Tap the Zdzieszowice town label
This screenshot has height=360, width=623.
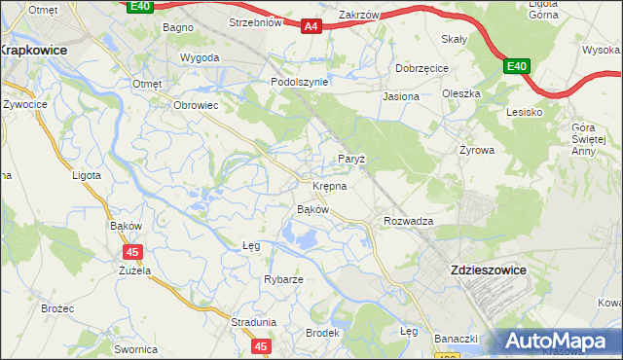[x=487, y=270]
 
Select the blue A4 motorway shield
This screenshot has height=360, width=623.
[x=311, y=26]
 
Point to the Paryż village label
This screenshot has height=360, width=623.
[x=350, y=159]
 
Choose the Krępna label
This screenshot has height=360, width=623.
[x=329, y=185]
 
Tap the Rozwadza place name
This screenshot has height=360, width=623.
[x=408, y=221]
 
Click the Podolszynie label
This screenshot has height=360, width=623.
[x=299, y=83]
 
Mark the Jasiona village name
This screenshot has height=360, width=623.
[x=401, y=97]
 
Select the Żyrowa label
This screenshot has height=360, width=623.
[x=477, y=151]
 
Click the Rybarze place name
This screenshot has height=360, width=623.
[x=283, y=279]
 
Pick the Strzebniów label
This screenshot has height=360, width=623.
[x=254, y=21]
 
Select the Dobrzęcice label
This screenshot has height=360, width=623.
[x=421, y=68]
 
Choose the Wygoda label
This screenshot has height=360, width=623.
[x=200, y=57]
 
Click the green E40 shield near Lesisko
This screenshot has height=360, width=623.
[x=516, y=66]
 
